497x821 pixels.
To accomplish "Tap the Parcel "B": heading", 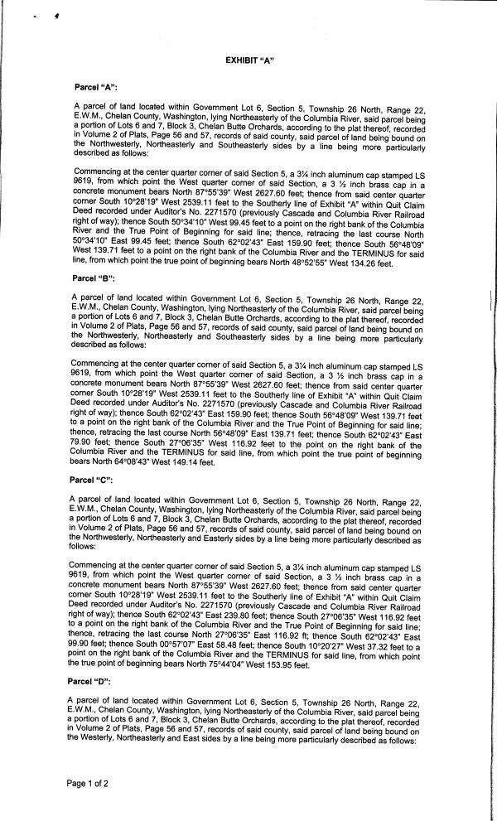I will [x=96, y=278].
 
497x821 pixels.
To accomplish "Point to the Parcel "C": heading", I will [x=96, y=480].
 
